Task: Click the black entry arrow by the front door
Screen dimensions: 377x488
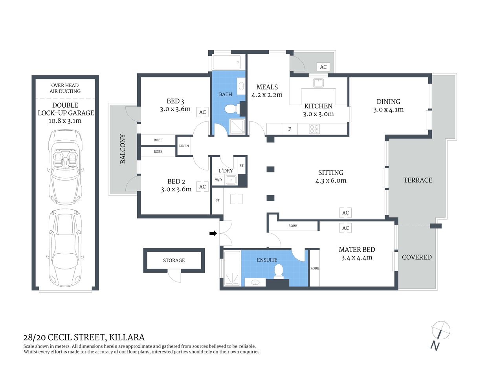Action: [x=213, y=233]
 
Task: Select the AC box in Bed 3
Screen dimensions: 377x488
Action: [x=202, y=112]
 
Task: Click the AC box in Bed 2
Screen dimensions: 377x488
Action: [x=202, y=187]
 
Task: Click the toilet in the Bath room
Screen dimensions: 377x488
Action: [x=230, y=108]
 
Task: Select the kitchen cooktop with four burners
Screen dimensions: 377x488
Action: [x=314, y=129]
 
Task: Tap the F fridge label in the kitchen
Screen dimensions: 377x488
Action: [x=290, y=129]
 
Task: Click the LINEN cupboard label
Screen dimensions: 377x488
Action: [x=184, y=146]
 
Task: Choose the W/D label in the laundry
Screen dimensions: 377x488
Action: [x=218, y=180]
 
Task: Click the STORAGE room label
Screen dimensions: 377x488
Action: [x=174, y=260]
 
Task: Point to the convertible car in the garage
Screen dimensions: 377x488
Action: [x=65, y=166]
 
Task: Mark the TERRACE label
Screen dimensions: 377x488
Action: [x=418, y=180]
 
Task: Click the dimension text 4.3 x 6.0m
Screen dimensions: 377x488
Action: [x=331, y=181]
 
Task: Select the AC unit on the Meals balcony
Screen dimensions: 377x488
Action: [x=323, y=67]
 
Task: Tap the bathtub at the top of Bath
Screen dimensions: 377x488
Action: [x=226, y=62]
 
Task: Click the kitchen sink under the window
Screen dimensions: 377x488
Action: [x=318, y=82]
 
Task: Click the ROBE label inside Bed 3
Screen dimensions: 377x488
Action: [x=158, y=140]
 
